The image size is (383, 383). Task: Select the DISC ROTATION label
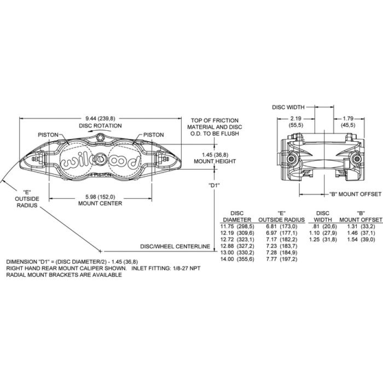100,126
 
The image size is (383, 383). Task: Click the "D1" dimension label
214,185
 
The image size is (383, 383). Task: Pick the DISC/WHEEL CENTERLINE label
175,246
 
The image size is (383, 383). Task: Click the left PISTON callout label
48,135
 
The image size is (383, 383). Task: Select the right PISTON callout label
154,135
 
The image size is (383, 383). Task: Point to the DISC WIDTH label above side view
288,107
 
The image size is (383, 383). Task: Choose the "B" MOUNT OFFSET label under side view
355,194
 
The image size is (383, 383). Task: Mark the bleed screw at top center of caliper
100,137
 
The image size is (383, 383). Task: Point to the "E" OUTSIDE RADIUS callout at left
27,199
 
